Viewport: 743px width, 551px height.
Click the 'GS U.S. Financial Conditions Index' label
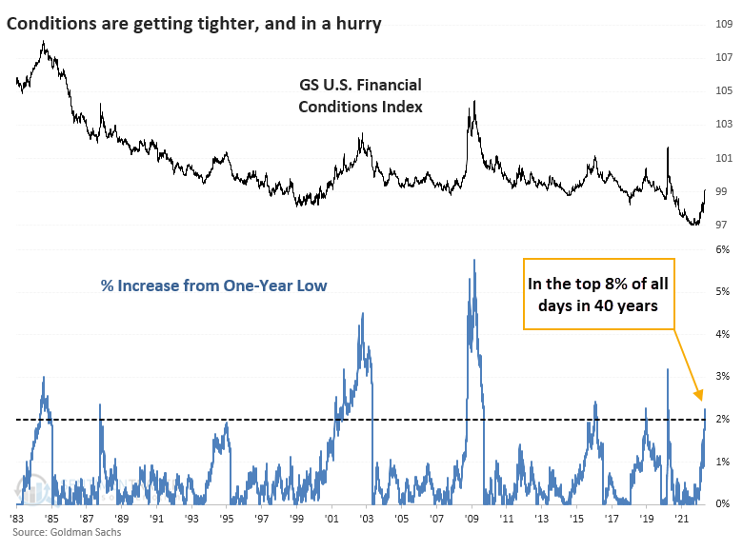coord(360,96)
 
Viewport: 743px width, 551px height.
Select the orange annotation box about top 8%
coord(599,294)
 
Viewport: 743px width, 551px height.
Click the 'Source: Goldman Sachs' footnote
coord(60,532)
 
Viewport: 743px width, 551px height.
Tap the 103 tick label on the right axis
coord(724,124)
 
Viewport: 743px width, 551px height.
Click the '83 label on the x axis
coord(17,520)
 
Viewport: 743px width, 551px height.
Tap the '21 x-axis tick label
coord(682,520)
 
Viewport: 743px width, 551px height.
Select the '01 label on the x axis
coord(331,520)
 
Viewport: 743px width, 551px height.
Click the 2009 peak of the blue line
coord(473,259)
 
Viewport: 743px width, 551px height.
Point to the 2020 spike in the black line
coord(668,148)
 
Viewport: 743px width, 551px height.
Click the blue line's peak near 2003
coord(363,313)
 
